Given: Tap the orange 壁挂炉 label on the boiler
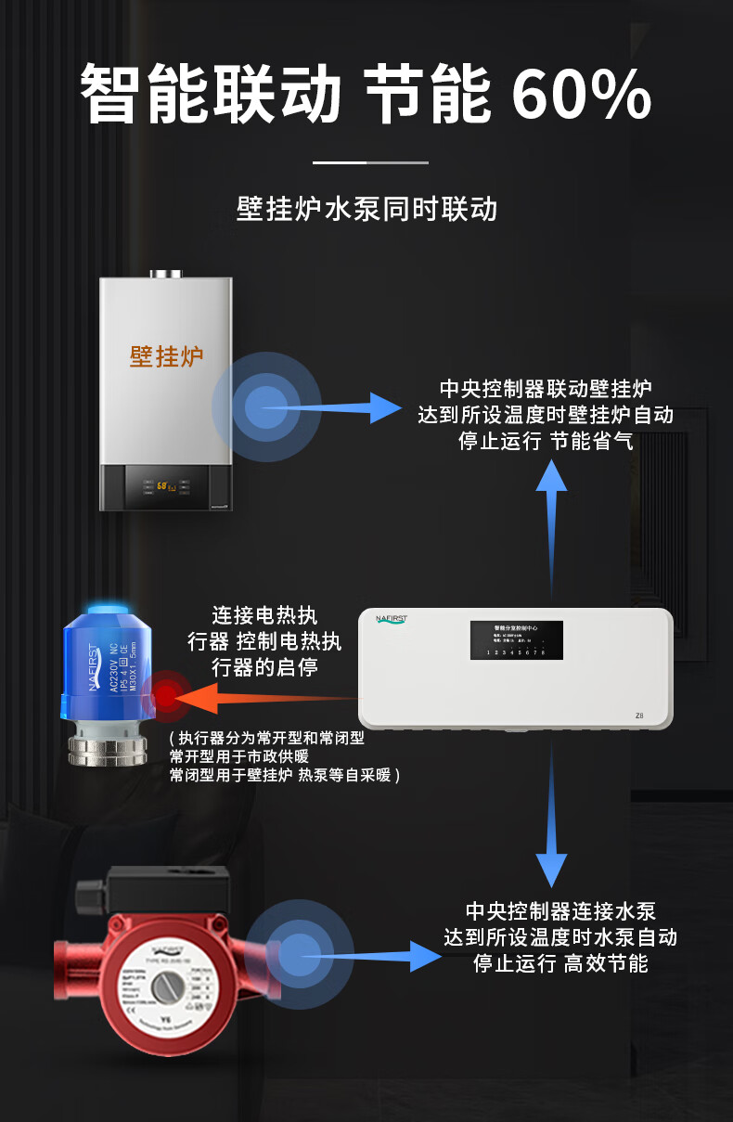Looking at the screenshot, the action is [x=166, y=356].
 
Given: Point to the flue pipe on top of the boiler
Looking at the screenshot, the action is [x=167, y=274].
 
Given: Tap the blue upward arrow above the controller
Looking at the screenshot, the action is [x=551, y=520].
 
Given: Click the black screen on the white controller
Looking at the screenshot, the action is [x=516, y=640].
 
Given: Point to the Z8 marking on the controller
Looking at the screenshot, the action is [x=640, y=715].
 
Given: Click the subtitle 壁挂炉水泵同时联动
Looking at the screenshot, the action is [x=366, y=209].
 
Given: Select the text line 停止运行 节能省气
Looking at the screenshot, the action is [x=546, y=441].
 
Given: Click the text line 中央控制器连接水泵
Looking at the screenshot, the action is [x=560, y=911].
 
